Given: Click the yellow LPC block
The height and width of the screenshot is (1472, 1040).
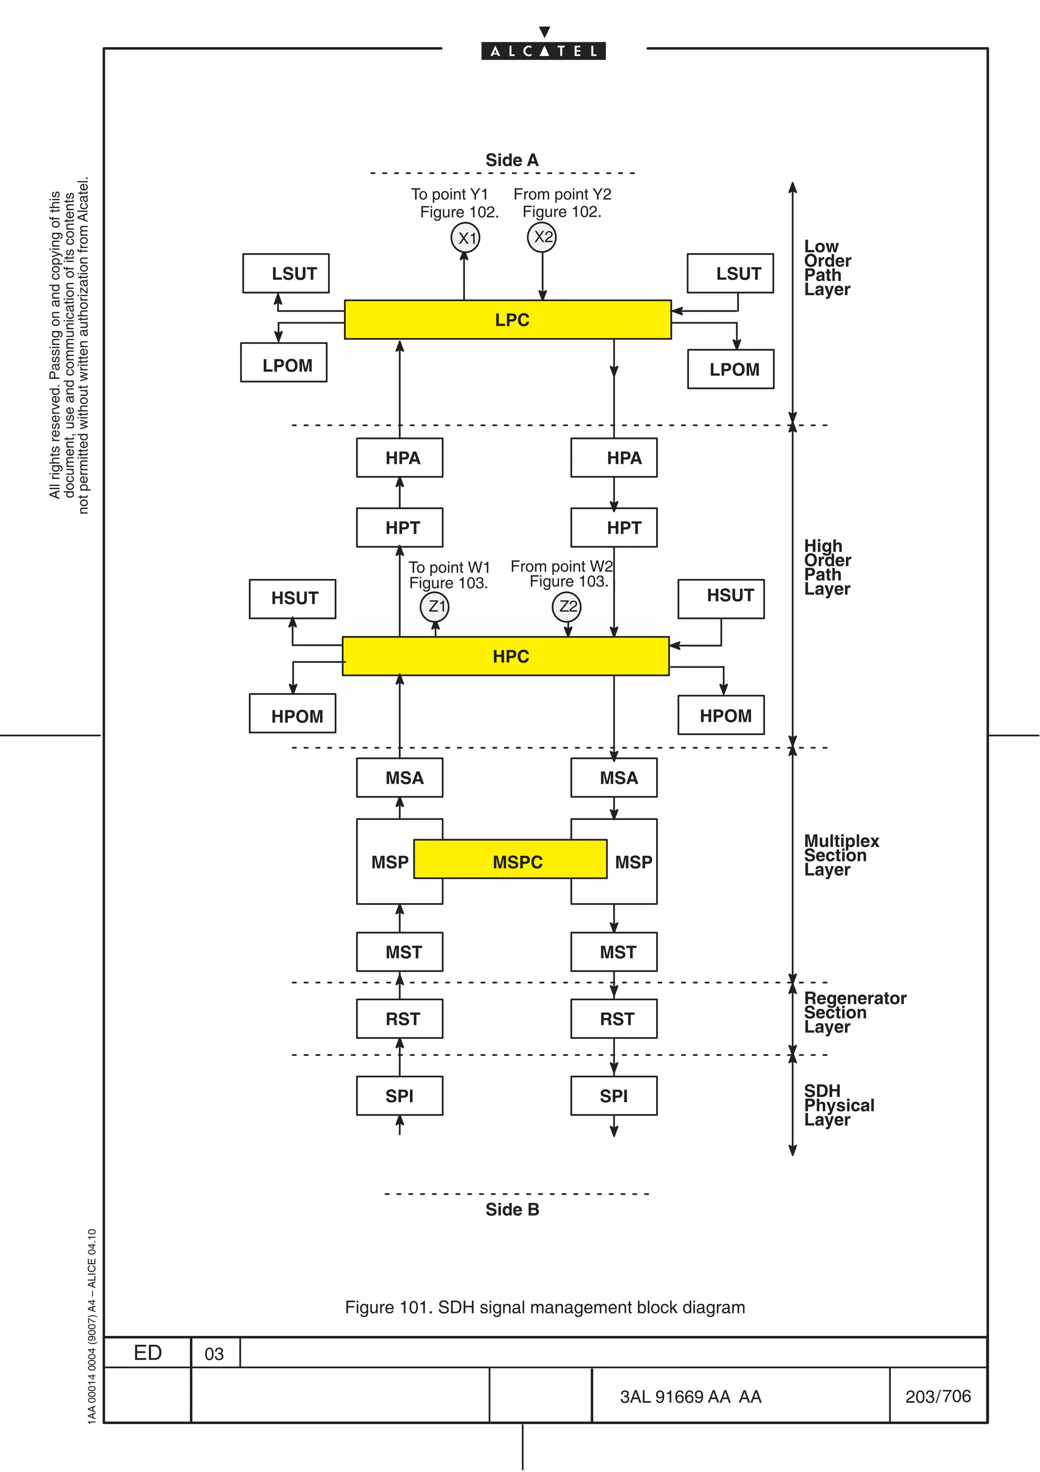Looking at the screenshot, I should (x=507, y=319).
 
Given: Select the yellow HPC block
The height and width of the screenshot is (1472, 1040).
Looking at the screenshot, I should (x=506, y=656).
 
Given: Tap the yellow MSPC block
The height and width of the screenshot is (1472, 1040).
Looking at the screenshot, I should (x=510, y=859).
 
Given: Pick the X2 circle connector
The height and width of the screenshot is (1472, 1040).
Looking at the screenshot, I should (x=541, y=237).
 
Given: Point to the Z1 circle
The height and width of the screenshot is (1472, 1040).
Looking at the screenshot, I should (x=435, y=606).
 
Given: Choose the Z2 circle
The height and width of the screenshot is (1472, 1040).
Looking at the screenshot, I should (x=566, y=606).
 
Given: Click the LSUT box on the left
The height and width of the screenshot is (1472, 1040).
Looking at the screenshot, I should (x=286, y=274).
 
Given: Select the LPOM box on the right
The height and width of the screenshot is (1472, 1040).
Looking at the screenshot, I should (x=731, y=369).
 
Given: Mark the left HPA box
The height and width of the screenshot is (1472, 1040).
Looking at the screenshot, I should (x=399, y=458).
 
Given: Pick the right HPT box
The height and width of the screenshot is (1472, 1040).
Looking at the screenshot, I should (x=614, y=528).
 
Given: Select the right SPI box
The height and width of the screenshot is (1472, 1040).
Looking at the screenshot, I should (x=614, y=1096).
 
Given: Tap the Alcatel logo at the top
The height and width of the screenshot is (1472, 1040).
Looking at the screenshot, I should (x=543, y=50).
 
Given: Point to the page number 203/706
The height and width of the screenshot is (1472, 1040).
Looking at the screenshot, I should (x=937, y=1396).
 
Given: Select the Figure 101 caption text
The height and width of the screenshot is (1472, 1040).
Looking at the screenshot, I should (x=545, y=1307).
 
